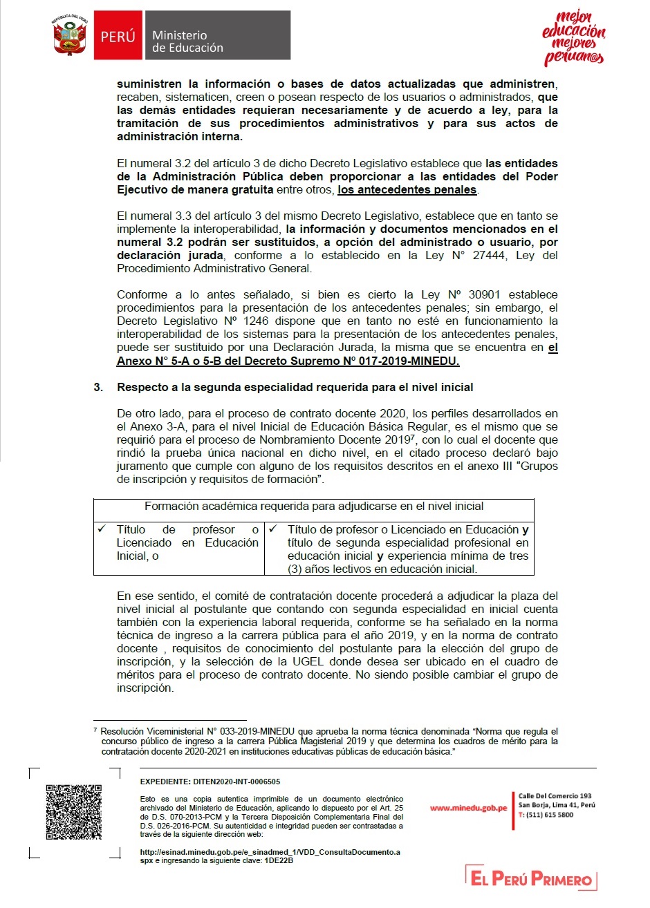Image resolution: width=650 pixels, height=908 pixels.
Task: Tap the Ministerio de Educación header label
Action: (x=187, y=41)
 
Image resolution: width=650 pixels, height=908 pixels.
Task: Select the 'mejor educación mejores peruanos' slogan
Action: (x=573, y=38)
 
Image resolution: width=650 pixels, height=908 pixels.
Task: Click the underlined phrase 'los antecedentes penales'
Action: (x=407, y=190)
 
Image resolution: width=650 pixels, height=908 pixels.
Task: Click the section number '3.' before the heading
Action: (x=98, y=388)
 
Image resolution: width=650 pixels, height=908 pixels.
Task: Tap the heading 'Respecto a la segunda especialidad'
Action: (x=295, y=388)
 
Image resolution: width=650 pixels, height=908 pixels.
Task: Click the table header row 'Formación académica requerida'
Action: (x=314, y=507)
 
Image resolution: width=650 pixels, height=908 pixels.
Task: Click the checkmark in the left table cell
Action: (x=102, y=529)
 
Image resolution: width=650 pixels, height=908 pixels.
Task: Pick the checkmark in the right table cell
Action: (x=273, y=529)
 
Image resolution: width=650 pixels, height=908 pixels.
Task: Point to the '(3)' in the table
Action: (x=296, y=569)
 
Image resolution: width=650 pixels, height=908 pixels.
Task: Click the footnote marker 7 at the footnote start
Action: (x=95, y=730)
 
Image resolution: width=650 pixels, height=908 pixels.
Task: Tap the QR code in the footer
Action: (x=74, y=812)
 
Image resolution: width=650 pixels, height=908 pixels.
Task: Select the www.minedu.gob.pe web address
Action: (x=468, y=808)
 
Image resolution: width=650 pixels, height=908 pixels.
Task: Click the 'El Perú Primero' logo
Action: (x=531, y=878)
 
